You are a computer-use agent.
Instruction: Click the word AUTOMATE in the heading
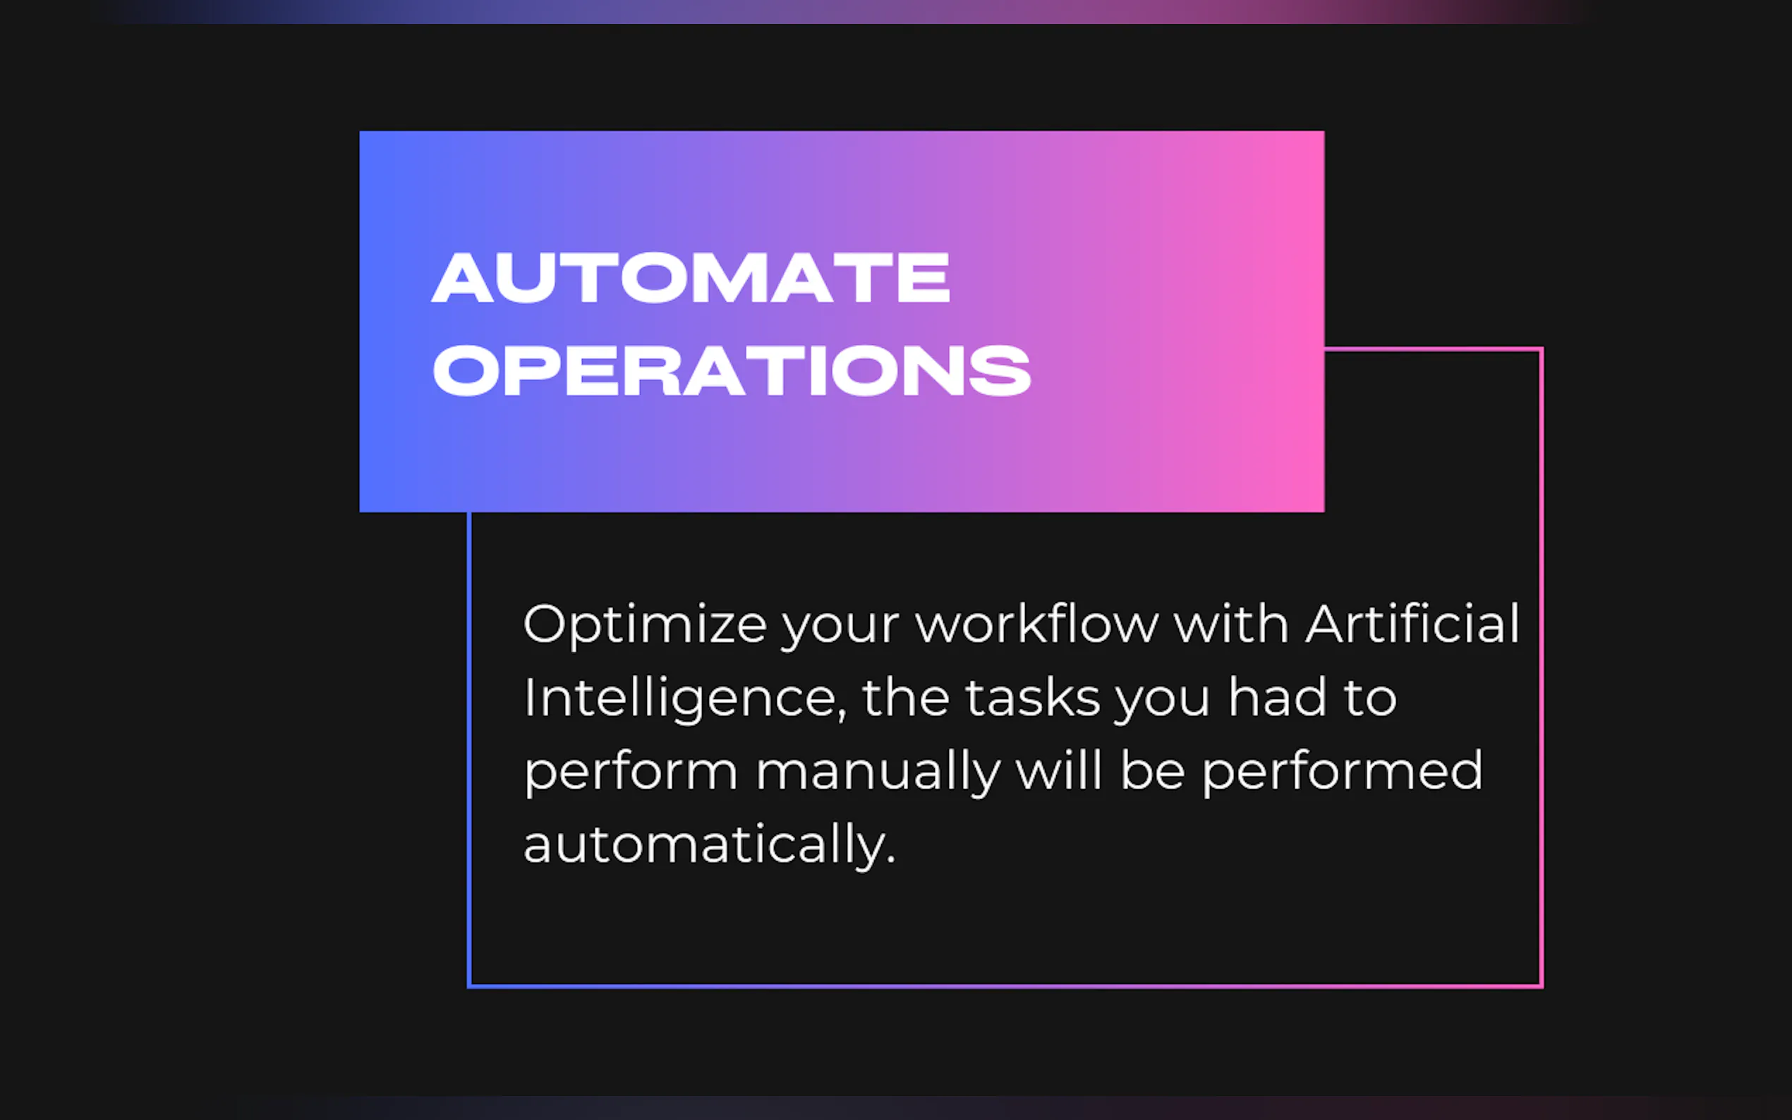(x=691, y=277)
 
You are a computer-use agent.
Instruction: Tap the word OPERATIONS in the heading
(x=732, y=370)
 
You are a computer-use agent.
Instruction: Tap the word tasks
(x=1033, y=697)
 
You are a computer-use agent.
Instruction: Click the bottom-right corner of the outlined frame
(x=1542, y=986)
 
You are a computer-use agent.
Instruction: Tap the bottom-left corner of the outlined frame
(x=469, y=986)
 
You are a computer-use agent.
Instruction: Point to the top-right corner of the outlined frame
(x=1542, y=349)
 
